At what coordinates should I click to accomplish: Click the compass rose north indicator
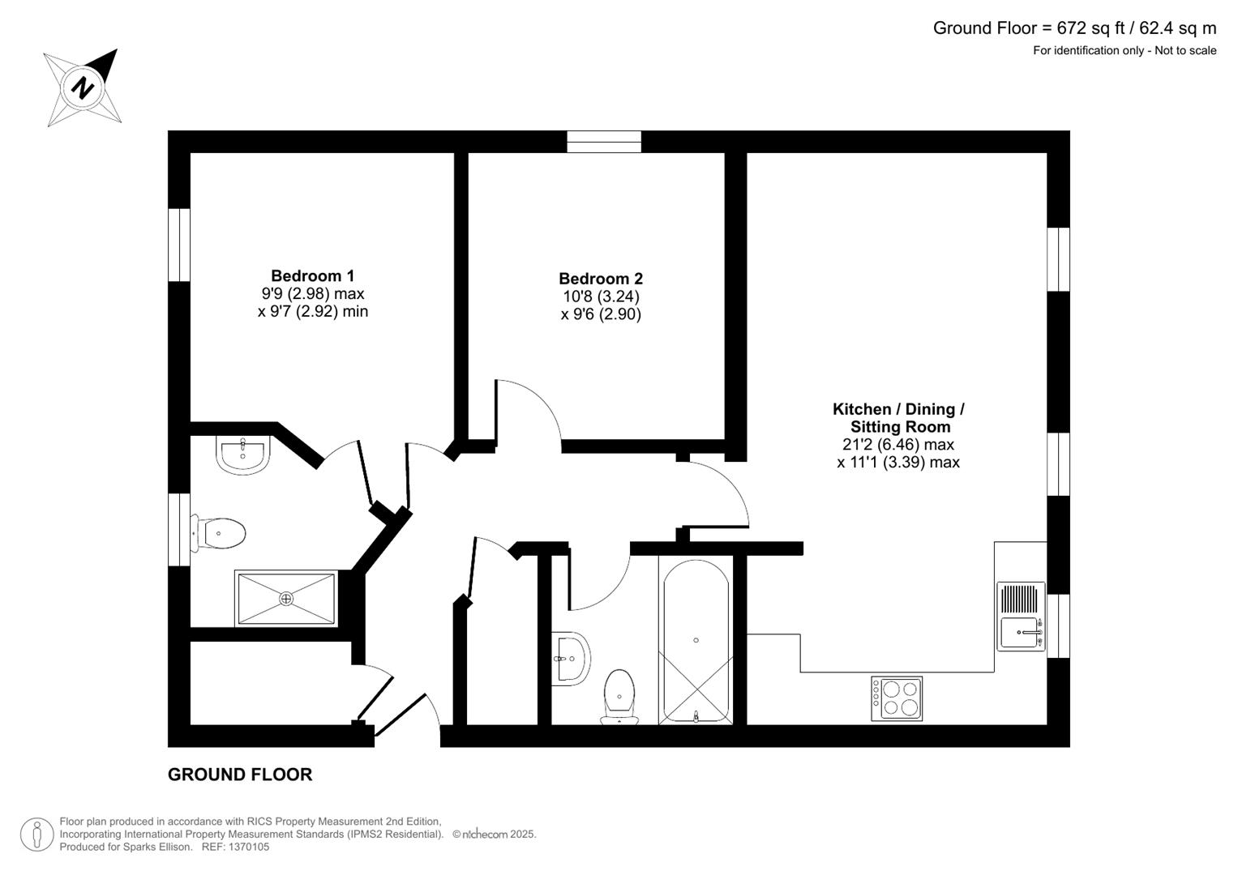[83, 87]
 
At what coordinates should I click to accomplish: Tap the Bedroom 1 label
[312, 276]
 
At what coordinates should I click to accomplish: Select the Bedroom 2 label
[601, 280]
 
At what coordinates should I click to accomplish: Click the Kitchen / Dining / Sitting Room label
[898, 418]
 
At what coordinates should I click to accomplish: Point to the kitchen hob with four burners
[897, 698]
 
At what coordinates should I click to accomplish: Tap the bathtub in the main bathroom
[696, 640]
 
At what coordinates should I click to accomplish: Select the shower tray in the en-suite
[285, 599]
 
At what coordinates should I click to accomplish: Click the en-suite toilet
[218, 534]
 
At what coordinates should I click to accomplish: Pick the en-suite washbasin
[242, 455]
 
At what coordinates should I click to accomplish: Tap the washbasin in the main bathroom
[570, 658]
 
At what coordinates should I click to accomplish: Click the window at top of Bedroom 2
[604, 142]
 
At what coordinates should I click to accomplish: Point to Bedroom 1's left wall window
[178, 245]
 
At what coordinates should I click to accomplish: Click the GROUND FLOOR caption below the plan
[240, 775]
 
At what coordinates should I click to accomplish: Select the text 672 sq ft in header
[1090, 28]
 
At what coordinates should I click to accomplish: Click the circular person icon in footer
[37, 834]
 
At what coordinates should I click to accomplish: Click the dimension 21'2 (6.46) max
[898, 445]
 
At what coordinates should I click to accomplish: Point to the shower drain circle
[285, 599]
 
